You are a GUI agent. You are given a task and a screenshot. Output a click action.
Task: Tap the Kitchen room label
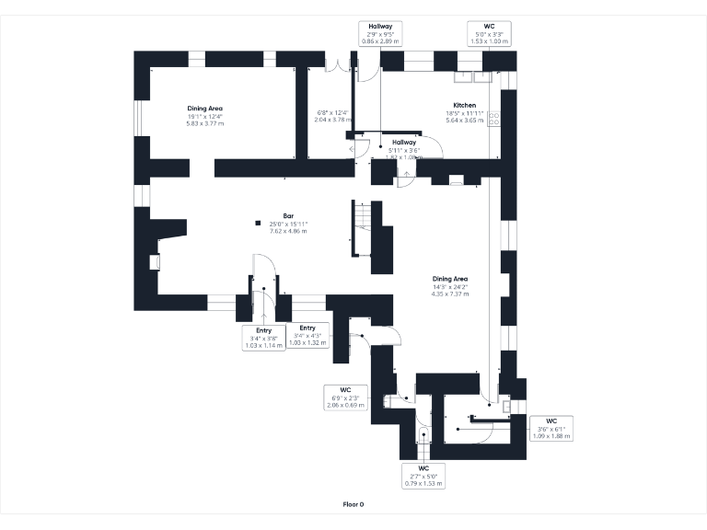(x=464, y=104)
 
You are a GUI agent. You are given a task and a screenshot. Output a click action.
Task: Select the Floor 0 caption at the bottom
(x=353, y=504)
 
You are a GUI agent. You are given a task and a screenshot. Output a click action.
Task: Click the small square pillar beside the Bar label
(x=259, y=222)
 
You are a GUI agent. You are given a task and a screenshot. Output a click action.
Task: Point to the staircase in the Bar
(x=365, y=230)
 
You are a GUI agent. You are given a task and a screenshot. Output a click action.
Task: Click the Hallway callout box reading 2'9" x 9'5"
(x=378, y=33)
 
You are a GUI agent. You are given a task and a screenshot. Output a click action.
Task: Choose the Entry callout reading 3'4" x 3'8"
(x=263, y=337)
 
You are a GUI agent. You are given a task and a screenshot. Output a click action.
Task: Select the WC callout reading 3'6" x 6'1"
(x=551, y=428)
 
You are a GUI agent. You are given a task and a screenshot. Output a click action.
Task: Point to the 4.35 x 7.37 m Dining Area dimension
(x=450, y=294)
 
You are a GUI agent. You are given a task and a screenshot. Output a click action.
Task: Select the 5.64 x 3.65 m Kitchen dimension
(x=464, y=120)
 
